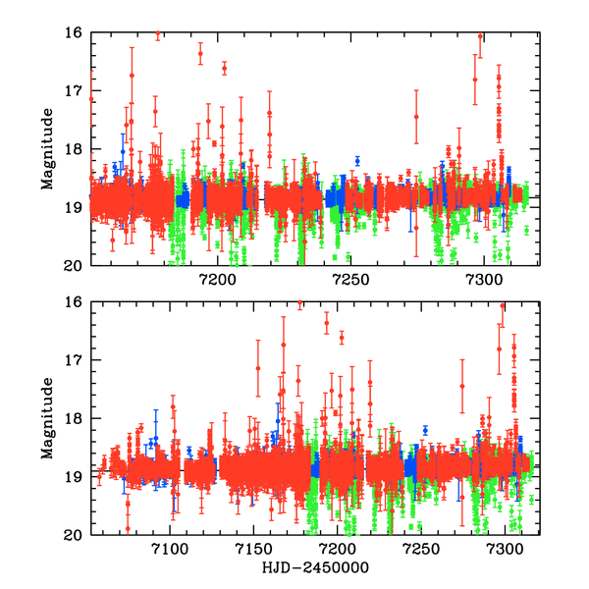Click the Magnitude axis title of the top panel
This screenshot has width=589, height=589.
[46, 148]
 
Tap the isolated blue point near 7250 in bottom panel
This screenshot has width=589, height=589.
[425, 430]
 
